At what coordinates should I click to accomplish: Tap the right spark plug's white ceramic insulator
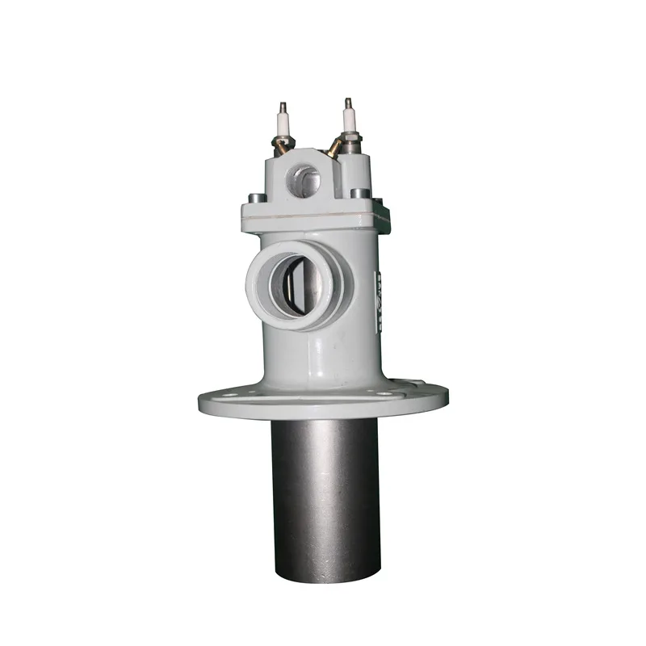350,120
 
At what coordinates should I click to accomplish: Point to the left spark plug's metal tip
283,107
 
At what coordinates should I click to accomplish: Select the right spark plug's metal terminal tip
349,103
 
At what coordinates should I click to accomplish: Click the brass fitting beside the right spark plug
333,148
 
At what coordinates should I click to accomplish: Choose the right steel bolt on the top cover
360,194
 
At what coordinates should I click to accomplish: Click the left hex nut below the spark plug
279,148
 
